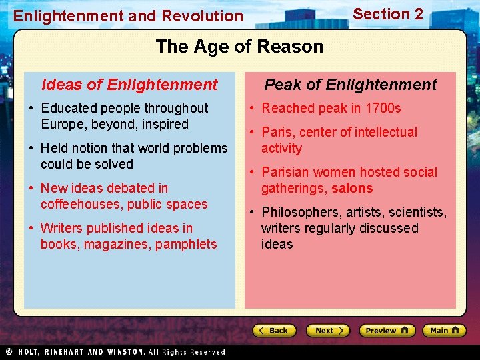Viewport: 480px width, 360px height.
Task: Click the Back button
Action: [274, 331]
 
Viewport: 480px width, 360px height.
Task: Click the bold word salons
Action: [352, 188]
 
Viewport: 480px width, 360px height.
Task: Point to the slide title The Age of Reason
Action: [239, 46]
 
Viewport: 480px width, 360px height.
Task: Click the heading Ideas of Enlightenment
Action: [129, 85]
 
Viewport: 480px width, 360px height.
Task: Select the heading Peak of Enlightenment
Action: [350, 85]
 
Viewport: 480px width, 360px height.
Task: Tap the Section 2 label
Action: [387, 14]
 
